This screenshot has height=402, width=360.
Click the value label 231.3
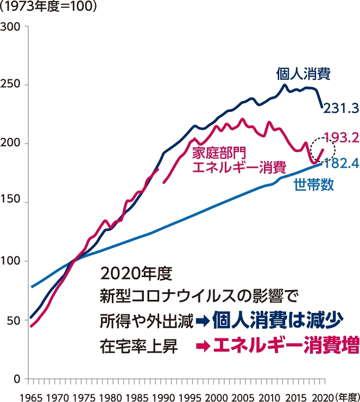[x=340, y=109]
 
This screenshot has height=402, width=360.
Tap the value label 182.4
[x=340, y=162]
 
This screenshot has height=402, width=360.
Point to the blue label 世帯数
[x=313, y=184]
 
